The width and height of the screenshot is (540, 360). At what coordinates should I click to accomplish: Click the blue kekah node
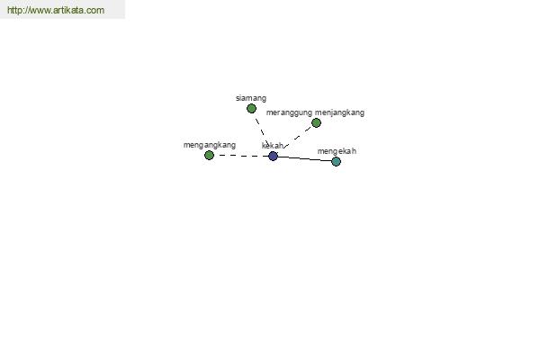tap(273, 156)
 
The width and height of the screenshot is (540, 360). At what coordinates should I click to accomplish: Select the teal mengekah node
tap(336, 161)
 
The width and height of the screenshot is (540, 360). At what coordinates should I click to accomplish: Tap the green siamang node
tap(251, 109)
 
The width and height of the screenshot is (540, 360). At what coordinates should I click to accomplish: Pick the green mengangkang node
tap(209, 156)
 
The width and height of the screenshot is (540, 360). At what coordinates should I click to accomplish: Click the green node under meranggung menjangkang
tap(316, 122)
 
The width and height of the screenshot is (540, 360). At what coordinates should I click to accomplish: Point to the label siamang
tap(251, 98)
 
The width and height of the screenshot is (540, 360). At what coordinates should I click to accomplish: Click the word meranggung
tap(289, 113)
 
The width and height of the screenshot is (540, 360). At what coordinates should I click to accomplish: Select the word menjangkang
tap(339, 113)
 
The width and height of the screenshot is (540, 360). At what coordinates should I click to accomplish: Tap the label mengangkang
tap(210, 145)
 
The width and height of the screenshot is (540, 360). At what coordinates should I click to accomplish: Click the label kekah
tap(273, 146)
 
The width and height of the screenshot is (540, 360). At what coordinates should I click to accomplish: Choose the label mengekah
tap(337, 151)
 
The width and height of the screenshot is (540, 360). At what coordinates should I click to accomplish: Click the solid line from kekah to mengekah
tap(304, 158)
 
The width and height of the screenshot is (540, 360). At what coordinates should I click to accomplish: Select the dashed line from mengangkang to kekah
tap(241, 156)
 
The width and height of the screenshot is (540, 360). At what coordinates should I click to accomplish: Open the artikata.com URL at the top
tap(56, 10)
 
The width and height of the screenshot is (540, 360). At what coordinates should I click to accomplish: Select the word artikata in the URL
tap(68, 10)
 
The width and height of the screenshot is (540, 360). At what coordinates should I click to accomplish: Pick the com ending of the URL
tap(95, 10)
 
